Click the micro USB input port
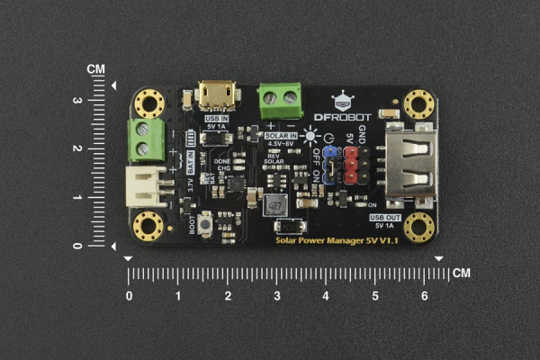point(217,94)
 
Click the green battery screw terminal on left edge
point(142,140)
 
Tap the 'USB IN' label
point(217,117)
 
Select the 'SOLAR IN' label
point(283,134)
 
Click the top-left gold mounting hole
point(148,103)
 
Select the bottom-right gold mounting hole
point(418,227)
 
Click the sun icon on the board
point(311,136)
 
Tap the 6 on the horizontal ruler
point(424,295)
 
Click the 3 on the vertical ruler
point(102,101)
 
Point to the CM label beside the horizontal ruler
point(462,273)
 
